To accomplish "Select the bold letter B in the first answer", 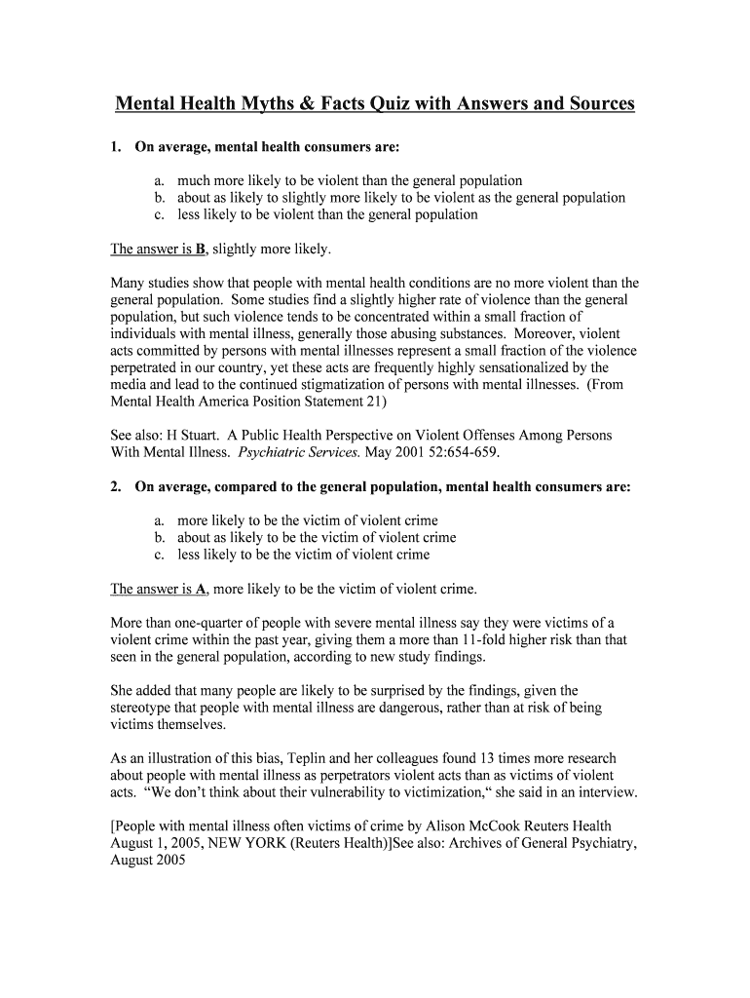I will pyautogui.click(x=200, y=249).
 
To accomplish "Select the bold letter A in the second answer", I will pyautogui.click(x=200, y=589).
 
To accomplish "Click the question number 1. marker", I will pyautogui.click(x=116, y=147).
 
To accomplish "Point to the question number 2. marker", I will pyautogui.click(x=116, y=487).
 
